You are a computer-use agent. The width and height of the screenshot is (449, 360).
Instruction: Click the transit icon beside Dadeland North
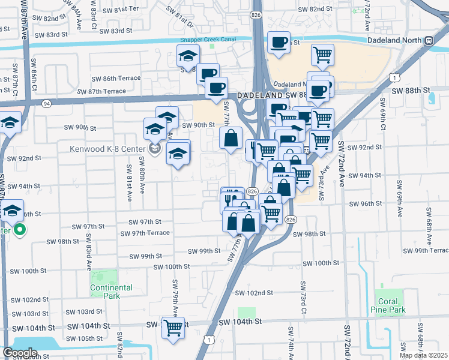tap(429, 41)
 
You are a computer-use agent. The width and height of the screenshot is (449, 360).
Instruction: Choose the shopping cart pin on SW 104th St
tap(173, 328)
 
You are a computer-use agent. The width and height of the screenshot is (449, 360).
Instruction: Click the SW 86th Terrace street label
tap(113, 78)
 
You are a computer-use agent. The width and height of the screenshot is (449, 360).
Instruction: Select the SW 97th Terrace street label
tap(145, 233)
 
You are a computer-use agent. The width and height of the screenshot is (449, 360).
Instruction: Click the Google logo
tap(20, 353)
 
